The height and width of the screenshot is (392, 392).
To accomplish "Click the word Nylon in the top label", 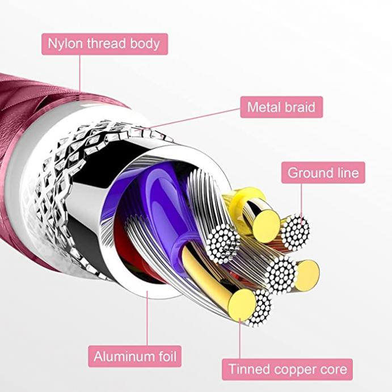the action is point(65,44).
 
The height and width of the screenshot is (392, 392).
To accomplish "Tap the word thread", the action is point(106,43).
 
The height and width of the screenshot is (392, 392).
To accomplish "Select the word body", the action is point(145,44).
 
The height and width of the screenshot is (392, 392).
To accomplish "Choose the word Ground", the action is point(310,173).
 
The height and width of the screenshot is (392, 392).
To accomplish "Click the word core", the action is point(332,370).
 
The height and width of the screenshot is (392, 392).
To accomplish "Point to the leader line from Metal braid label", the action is point(188,120).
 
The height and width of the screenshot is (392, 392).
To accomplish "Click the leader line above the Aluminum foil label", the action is point(147,318).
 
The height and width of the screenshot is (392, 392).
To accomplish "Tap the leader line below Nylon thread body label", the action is point(80,73).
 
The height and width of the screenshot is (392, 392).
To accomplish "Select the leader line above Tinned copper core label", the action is point(240,339).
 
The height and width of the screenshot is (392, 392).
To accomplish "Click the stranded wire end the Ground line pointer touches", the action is point(296,231).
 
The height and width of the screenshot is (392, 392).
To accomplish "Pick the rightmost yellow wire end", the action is point(307,276).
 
